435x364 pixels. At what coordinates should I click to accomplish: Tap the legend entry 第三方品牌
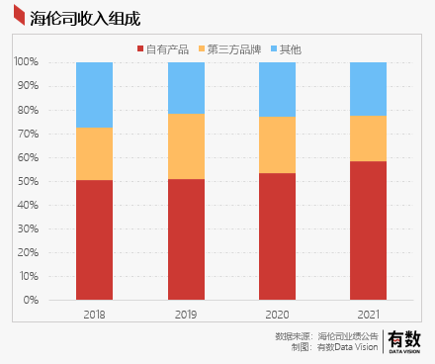tap(231, 48)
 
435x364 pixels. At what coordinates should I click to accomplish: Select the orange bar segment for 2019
tap(186, 146)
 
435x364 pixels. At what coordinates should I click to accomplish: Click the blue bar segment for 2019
tap(186, 88)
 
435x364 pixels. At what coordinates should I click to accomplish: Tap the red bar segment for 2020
tap(277, 236)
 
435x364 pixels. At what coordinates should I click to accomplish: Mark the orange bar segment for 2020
tap(277, 144)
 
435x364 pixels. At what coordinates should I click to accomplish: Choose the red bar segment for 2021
tap(368, 230)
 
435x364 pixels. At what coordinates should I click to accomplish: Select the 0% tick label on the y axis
tap(32, 300)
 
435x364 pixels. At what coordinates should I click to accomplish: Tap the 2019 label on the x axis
tap(186, 314)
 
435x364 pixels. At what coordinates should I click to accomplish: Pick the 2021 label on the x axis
tap(368, 314)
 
